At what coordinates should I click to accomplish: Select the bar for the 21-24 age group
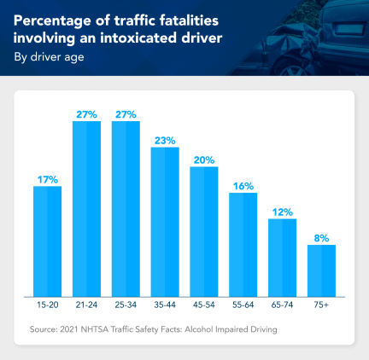point(86,208)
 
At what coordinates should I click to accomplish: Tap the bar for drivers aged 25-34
point(126,208)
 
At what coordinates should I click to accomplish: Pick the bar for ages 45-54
point(204,230)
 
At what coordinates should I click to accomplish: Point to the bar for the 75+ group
point(322,270)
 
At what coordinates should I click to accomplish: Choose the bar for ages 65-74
point(283,257)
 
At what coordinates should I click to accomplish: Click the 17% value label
point(47,179)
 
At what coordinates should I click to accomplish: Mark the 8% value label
point(322,238)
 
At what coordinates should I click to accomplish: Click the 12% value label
point(283,212)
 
